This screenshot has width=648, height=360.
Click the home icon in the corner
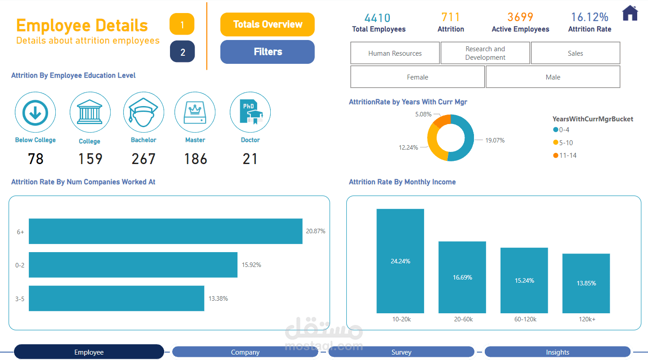point(630,13)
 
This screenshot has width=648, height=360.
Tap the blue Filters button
point(268,52)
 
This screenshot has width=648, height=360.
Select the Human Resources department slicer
point(395,53)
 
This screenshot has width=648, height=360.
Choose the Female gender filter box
point(417,77)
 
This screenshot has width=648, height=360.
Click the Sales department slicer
point(575,53)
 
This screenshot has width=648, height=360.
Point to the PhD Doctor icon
point(250,112)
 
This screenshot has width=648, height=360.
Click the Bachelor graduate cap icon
point(143,112)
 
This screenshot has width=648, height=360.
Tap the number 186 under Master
point(196,159)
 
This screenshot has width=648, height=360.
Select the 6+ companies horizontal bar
point(165,231)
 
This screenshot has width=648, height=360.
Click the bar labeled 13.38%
point(116,298)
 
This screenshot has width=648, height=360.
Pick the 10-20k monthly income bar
point(400,261)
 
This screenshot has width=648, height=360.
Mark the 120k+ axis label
point(587,319)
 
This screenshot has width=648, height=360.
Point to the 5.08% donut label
point(423,114)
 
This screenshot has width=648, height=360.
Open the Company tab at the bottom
point(245,352)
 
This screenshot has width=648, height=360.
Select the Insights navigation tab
point(558,352)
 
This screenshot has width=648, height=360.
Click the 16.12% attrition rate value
point(590,18)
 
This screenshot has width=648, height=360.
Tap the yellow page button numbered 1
point(182,24)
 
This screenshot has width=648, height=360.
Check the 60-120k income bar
point(524,280)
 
